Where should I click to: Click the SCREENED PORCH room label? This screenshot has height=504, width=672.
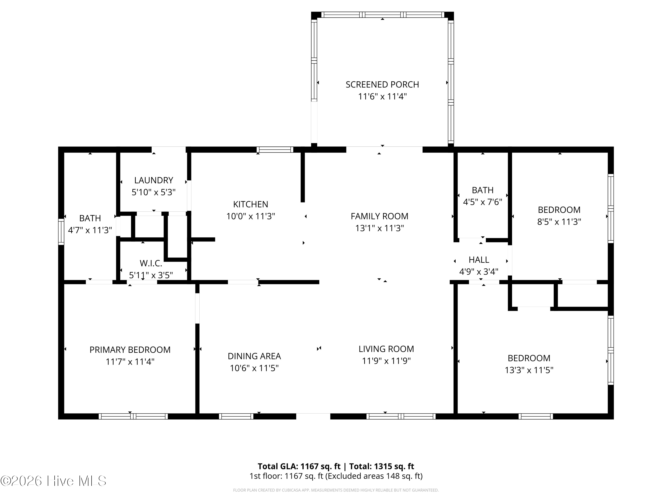coord(382,84)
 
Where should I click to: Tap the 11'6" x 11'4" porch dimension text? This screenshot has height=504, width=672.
coord(382,97)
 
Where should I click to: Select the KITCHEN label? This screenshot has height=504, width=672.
coord(250,204)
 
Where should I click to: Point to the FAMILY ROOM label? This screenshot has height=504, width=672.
coord(379,216)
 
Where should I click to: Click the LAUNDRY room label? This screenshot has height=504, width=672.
coord(153,180)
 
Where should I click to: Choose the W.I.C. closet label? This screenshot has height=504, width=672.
coord(151,263)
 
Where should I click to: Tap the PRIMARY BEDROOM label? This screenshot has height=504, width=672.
coord(130,350)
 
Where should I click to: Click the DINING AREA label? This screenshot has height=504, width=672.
coord(254,356)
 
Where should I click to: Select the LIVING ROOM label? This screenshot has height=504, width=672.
coord(386,349)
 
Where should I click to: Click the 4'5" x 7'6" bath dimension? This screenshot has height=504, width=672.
coord(482,202)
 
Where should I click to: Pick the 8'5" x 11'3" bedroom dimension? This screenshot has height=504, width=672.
coord(559,222)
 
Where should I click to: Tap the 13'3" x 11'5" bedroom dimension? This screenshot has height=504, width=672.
coord(529,370)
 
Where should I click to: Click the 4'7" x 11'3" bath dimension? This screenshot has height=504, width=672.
coord(90,230)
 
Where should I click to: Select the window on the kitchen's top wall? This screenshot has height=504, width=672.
coord(275,149)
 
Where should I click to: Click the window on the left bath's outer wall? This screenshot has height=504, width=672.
coord(61,231)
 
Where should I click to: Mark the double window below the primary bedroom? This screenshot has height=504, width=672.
coord(133,416)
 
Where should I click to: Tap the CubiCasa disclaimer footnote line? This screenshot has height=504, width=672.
coord(336,490)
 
